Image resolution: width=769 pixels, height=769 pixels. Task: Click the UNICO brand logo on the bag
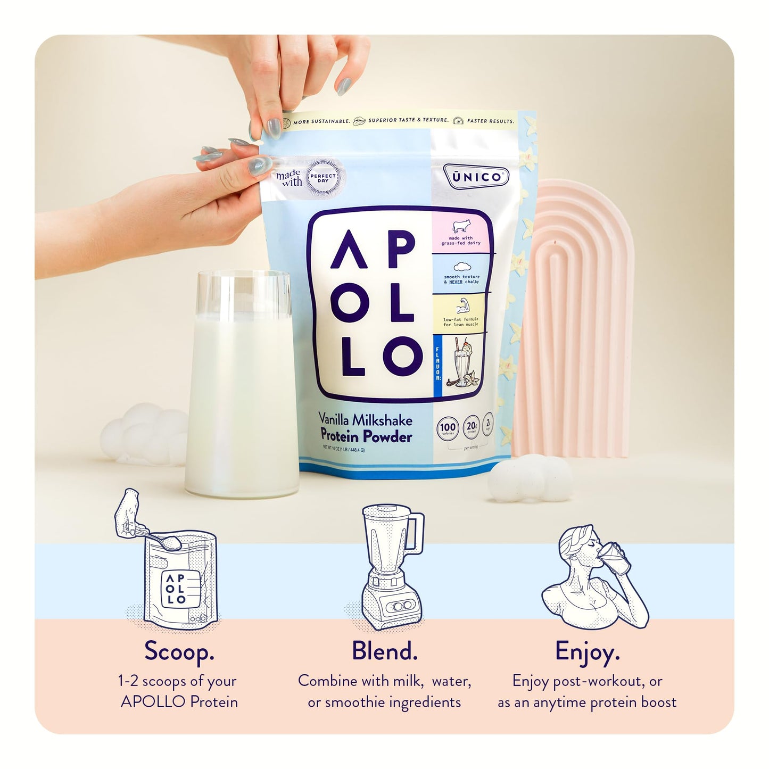[x=476, y=176]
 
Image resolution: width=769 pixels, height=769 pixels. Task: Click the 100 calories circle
[x=448, y=428]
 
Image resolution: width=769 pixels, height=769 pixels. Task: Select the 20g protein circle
[x=472, y=428]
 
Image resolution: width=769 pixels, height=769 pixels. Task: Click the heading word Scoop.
[x=179, y=651]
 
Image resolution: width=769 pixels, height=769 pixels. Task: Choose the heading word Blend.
[x=384, y=651]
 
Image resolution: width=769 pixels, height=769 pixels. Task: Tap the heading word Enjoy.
[x=587, y=651]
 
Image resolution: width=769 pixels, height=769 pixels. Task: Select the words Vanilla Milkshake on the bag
[x=365, y=420]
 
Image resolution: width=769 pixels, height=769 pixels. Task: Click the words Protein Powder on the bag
[x=365, y=437]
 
